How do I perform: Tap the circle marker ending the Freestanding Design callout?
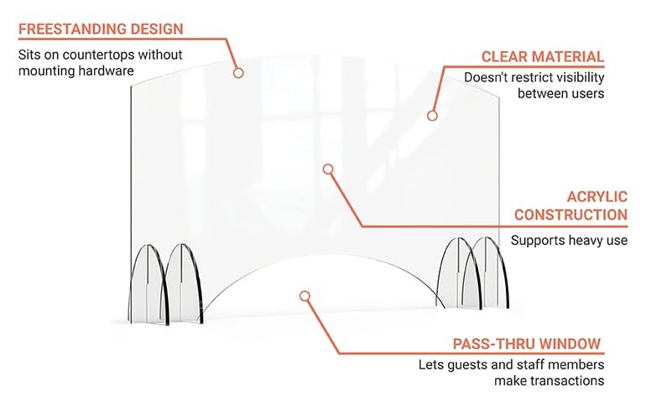[238, 73]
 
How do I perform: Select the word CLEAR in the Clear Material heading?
[507, 56]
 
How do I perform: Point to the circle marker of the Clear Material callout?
[433, 116]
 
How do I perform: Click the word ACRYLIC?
[597, 196]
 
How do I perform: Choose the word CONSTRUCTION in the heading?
[570, 215]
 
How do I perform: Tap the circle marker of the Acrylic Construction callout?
[329, 169]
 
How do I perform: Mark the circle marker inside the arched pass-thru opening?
[305, 295]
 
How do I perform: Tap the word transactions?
[570, 380]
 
